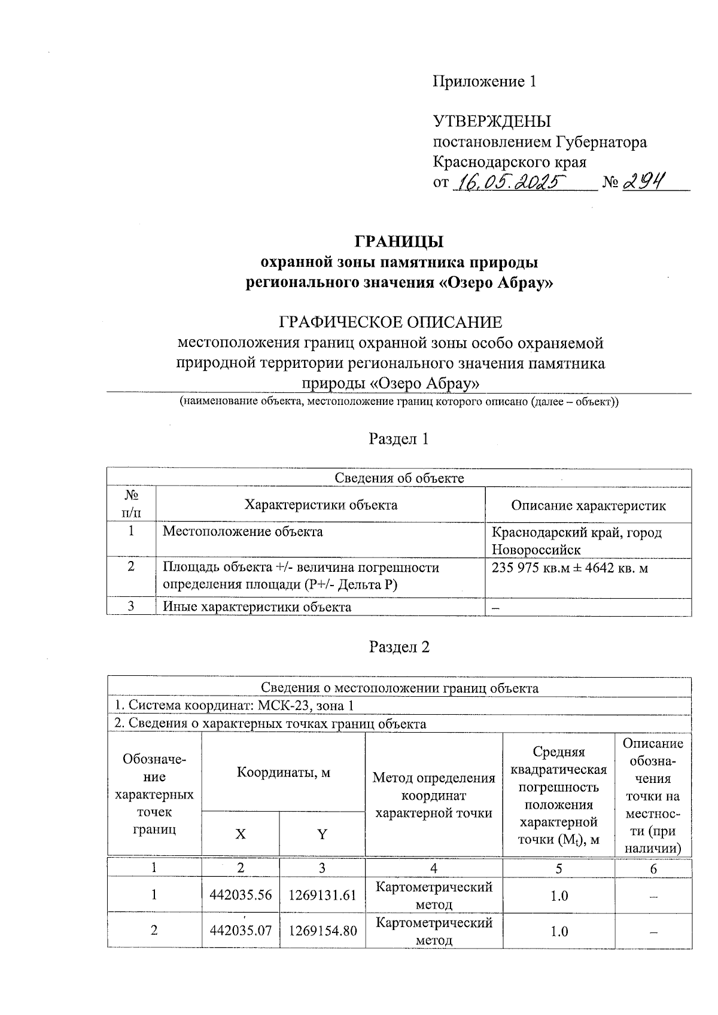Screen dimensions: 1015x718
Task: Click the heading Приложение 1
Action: click(484, 81)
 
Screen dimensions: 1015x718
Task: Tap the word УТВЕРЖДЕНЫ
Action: click(492, 122)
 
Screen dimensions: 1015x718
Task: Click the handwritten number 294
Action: click(644, 181)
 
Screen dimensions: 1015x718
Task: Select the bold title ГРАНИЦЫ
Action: click(399, 242)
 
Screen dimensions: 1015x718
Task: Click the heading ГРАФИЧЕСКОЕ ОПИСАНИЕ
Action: click(391, 322)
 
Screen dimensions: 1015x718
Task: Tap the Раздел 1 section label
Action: click(399, 439)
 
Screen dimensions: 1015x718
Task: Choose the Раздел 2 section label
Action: click(399, 647)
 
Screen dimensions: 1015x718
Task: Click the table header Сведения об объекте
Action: click(399, 478)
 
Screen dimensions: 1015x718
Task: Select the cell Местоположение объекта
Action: click(243, 531)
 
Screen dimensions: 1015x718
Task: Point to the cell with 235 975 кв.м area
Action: click(569, 568)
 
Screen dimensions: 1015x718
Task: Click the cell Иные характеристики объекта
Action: click(257, 607)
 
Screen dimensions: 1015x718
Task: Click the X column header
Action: click(241, 834)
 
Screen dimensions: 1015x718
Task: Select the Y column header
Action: click(322, 834)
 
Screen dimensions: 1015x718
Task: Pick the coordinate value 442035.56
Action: click(241, 895)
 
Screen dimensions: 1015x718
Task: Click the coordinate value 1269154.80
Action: click(323, 931)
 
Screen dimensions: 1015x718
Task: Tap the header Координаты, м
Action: click(283, 772)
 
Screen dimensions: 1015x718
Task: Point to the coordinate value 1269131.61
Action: click(323, 895)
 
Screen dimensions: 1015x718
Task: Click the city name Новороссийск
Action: click(536, 550)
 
